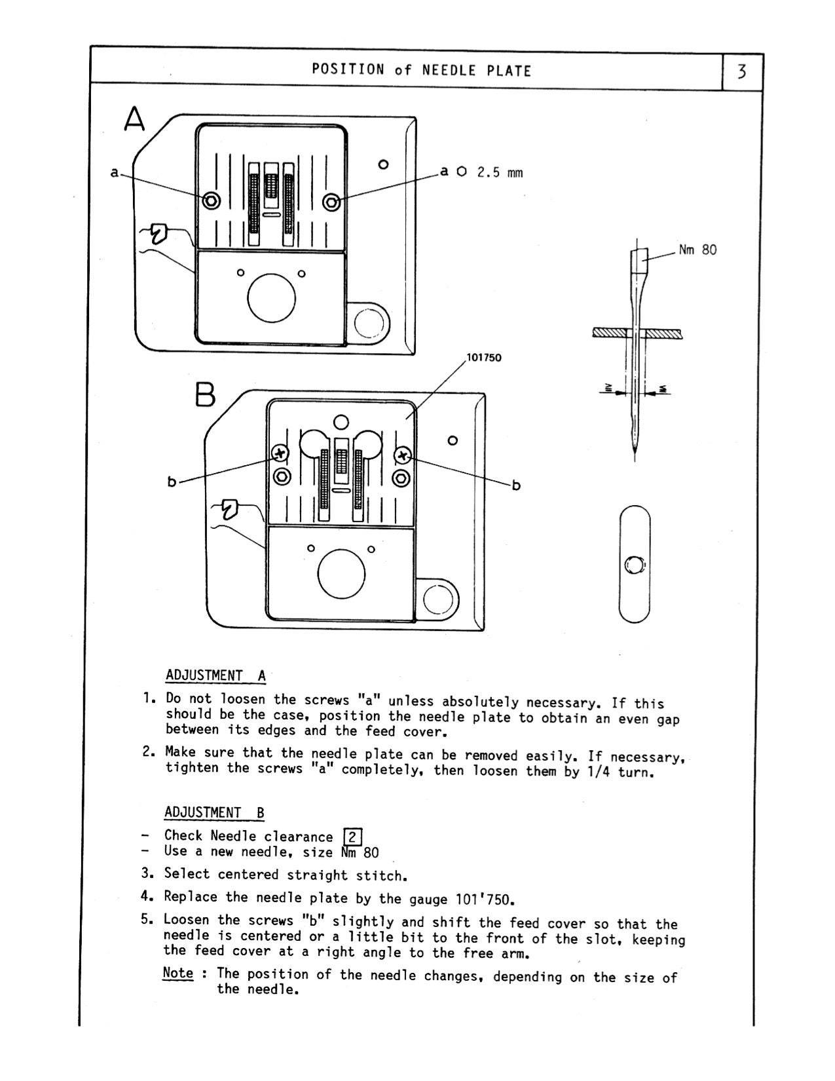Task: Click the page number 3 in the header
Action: pos(741,71)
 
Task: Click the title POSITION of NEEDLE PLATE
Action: pos(421,69)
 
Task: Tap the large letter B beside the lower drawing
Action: pos(204,395)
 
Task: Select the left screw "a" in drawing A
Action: pos(211,201)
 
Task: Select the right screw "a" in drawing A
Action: pos(332,201)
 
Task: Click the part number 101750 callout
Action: pos(483,358)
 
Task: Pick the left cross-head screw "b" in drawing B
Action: pos(280,453)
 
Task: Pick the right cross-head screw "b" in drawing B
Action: pos(402,455)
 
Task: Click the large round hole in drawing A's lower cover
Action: pos(271,297)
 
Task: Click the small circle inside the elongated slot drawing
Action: pos(635,564)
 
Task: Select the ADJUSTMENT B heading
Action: pos(214,812)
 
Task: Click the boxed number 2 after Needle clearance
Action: pos(352,837)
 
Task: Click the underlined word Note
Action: pos(177,973)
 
